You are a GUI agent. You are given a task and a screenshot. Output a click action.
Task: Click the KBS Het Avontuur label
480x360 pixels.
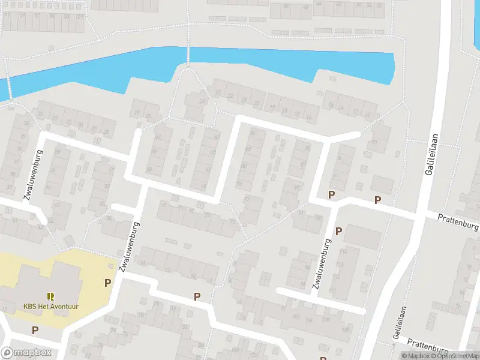(51, 307)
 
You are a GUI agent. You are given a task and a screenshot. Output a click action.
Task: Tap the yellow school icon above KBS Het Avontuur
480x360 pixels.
(51, 296)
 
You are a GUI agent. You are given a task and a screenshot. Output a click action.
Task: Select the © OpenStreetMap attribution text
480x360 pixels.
(454, 356)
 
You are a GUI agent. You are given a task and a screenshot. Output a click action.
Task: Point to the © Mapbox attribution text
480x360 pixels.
(415, 356)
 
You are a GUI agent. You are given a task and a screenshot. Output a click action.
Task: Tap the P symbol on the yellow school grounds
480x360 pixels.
(108, 283)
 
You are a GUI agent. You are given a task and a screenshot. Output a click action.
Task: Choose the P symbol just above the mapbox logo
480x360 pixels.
(35, 330)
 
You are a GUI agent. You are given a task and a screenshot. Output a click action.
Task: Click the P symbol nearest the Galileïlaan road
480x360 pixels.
(377, 200)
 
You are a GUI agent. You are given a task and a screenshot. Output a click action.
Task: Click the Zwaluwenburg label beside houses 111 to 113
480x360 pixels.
(322, 265)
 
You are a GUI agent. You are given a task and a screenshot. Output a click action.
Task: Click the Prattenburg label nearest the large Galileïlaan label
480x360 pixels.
(458, 222)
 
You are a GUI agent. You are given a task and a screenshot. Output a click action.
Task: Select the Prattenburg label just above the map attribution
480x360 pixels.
(427, 346)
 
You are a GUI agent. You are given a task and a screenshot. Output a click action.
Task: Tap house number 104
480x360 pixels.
(310, 320)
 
